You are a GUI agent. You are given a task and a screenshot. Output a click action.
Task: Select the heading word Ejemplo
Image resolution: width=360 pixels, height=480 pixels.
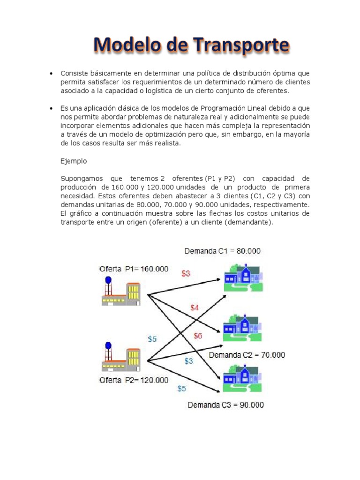click(x=74, y=161)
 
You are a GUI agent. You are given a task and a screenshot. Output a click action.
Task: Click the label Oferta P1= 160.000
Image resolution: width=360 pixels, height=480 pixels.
click(x=134, y=269)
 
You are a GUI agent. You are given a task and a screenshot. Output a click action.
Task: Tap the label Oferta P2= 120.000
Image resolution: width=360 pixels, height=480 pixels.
click(x=134, y=380)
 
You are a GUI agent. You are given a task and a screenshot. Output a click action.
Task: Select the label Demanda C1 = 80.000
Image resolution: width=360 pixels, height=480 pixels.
click(x=223, y=251)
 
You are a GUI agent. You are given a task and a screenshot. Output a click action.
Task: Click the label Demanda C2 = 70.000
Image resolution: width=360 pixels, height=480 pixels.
click(x=247, y=355)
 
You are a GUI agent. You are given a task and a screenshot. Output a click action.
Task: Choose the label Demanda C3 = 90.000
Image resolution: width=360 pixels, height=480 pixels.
click(x=225, y=405)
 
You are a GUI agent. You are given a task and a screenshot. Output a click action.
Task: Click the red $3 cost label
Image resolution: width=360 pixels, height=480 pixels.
click(x=186, y=273)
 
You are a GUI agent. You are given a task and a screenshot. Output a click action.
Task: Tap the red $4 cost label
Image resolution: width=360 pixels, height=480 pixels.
click(x=195, y=307)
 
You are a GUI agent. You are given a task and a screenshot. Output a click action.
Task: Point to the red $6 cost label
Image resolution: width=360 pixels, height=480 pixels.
click(x=198, y=336)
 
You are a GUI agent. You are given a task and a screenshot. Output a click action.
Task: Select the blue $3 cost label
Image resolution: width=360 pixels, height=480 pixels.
click(x=188, y=361)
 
